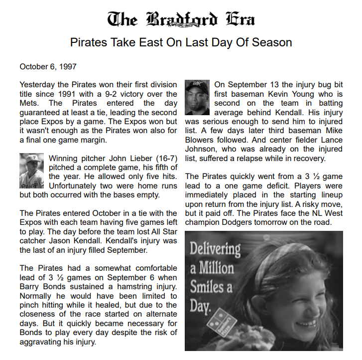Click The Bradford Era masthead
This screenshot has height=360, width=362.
tap(181, 19)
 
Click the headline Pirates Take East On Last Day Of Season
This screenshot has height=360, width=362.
tap(181, 42)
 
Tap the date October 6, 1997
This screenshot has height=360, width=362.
tap(48, 66)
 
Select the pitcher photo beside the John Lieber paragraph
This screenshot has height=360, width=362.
tap(32, 170)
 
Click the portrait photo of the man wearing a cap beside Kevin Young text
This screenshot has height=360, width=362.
tap(197, 97)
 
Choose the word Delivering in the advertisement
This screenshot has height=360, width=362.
tap(215, 249)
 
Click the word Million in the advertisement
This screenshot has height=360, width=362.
tap(217, 268)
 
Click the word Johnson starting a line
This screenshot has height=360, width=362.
tap(200, 149)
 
